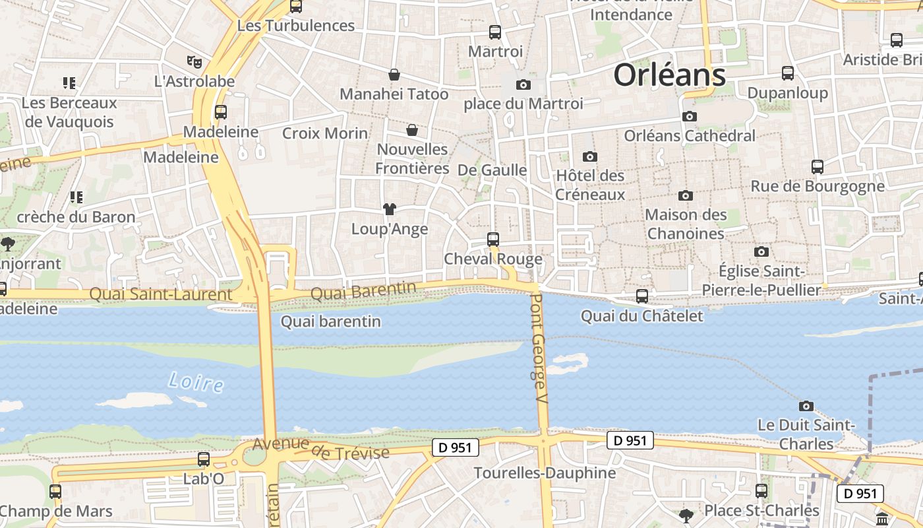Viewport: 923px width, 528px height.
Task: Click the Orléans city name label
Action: coord(669,75)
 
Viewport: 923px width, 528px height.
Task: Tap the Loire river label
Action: coord(195,382)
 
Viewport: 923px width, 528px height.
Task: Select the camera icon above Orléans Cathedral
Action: coord(690,117)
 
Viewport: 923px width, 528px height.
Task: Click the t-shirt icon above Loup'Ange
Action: coord(390,210)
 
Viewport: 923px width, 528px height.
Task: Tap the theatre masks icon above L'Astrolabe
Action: coord(193,62)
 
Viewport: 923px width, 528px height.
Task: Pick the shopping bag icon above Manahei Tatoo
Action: coord(394,75)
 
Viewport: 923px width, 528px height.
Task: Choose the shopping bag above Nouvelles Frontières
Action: coord(412,130)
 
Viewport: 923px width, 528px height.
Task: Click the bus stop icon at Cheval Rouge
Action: coord(493,240)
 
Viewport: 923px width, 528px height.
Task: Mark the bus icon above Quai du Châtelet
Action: coord(642,296)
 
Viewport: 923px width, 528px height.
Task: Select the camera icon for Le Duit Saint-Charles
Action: coord(806,406)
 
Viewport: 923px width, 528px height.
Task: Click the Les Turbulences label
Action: coord(296,26)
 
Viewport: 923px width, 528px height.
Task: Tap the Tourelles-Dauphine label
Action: coord(545,473)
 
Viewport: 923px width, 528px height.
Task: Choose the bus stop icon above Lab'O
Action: coord(204,459)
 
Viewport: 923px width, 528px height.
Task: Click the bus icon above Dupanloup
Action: coord(788,73)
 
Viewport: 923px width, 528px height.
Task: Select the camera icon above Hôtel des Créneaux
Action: coord(590,157)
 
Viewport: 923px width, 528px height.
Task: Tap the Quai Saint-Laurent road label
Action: coord(160,294)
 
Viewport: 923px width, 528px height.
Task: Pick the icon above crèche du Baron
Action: coord(76,197)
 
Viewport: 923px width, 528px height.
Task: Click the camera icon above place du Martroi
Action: coord(523,84)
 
